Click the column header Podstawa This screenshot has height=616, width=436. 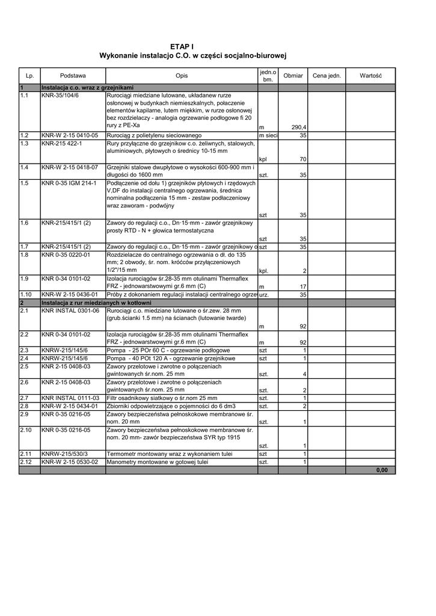73,76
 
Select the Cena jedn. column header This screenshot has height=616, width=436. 327,76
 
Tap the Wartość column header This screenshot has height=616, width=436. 371,76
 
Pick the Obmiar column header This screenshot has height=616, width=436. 293,76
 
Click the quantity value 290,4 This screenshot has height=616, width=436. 299,128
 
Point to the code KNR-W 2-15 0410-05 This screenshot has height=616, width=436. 66,136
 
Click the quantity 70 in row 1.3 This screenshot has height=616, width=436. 303,159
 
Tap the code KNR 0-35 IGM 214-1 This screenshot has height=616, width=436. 69,183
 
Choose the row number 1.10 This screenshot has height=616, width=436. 26,295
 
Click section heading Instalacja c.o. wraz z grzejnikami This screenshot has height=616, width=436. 87,88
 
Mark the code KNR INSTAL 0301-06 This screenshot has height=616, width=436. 70,310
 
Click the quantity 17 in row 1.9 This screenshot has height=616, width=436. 303,287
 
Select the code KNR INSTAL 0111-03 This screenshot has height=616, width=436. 70,398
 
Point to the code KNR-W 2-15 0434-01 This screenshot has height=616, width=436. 69,406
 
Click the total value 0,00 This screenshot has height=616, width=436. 381,470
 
